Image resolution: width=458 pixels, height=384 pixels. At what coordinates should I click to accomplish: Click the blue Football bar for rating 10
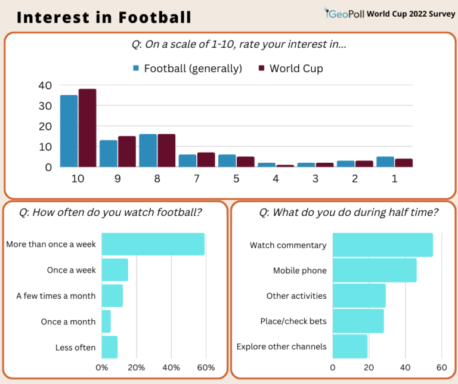pos(69,131)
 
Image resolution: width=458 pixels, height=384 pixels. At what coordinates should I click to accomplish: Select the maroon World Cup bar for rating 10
pos(87,128)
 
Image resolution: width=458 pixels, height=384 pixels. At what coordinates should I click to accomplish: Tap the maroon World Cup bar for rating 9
pos(126,151)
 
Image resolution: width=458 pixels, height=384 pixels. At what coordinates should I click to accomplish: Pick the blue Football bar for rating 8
pos(148,150)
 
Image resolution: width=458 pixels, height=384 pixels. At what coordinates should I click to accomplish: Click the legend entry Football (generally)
pos(187,69)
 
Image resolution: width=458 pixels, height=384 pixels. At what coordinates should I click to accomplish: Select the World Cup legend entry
pos(290,69)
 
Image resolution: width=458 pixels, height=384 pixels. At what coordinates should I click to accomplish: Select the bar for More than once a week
pos(153,244)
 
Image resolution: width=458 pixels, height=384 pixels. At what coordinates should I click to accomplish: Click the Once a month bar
pos(106,321)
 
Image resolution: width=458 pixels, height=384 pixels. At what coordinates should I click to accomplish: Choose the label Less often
pos(75,348)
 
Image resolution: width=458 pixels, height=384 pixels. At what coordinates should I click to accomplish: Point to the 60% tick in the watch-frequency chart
pos(206,367)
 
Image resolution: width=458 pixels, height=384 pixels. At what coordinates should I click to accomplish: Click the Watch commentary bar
pos(382,245)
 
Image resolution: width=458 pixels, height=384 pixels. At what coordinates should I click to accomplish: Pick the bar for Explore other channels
pos(350,346)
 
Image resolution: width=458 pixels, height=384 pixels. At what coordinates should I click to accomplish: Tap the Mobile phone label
pos(299,271)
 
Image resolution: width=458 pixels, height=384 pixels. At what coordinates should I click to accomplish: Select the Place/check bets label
pos(293,321)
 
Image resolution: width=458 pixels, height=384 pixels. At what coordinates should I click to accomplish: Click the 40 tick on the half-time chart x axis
pos(406,367)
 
